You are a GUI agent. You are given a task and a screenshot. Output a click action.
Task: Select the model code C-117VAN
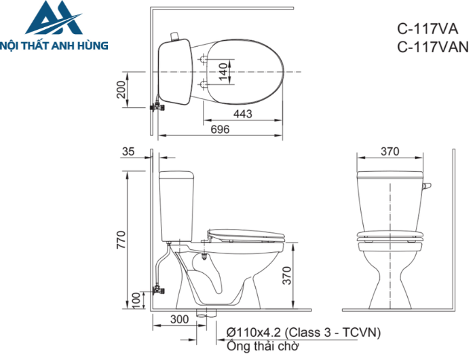tap(432, 47)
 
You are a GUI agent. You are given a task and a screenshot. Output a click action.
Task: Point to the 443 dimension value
tap(244, 114)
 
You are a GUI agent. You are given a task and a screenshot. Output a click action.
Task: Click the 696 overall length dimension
tap(218, 129)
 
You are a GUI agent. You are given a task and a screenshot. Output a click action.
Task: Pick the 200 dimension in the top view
tap(121, 89)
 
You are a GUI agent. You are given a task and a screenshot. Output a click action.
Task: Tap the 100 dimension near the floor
tap(136, 300)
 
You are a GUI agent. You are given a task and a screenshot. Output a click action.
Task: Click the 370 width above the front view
tap(389, 151)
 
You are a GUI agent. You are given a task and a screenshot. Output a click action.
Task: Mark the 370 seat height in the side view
tap(287, 275)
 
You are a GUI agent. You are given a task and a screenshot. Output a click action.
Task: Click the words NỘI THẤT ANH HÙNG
tap(55, 45)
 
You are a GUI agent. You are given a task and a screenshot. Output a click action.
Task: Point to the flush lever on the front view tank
tap(427, 185)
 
